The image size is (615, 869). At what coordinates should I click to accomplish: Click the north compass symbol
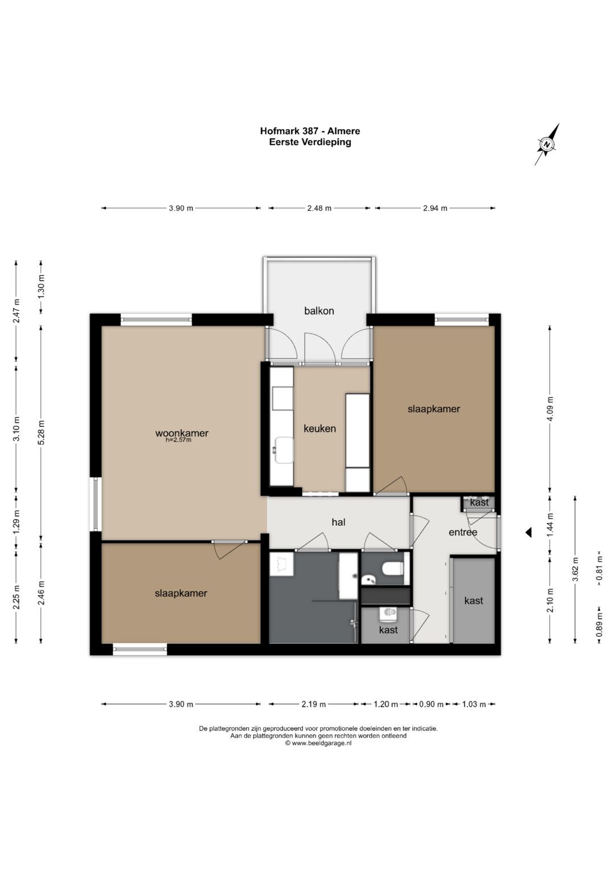coord(547,145)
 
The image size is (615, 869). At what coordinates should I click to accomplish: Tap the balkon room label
coord(319,311)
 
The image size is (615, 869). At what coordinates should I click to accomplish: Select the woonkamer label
coord(182,433)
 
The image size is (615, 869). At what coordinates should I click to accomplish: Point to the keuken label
coord(319,429)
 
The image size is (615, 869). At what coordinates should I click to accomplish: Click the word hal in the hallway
coord(338,522)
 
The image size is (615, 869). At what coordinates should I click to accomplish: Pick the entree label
coord(463,532)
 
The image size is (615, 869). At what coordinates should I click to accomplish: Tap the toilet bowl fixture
coord(392,569)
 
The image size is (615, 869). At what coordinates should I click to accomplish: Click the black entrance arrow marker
coord(528,533)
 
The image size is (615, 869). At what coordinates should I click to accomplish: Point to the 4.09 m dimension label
coord(550,408)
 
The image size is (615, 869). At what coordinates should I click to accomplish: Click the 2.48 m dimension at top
coord(319,208)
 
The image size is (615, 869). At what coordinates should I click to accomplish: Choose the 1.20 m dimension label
coord(386,704)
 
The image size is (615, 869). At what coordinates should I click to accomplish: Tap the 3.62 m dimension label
coord(575,569)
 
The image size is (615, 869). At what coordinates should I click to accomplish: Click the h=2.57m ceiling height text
coord(179,440)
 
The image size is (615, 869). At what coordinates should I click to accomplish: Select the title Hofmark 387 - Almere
coord(310,131)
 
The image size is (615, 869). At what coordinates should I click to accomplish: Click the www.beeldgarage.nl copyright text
coord(318,743)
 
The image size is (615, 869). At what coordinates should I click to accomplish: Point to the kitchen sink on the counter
coord(284,450)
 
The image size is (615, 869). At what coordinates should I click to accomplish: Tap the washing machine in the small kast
coord(388,612)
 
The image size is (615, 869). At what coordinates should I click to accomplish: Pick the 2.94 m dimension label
coord(435,208)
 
